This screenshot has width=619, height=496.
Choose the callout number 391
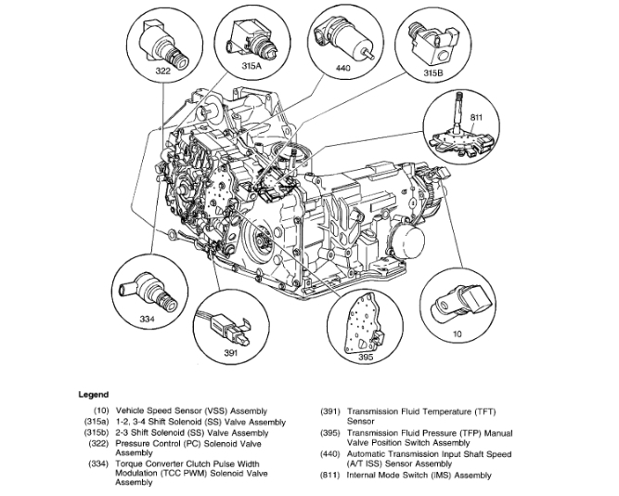pos(229,353)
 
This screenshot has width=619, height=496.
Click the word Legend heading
pos(94,394)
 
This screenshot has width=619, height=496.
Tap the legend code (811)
pos(328,475)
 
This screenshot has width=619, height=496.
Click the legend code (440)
pos(328,453)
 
